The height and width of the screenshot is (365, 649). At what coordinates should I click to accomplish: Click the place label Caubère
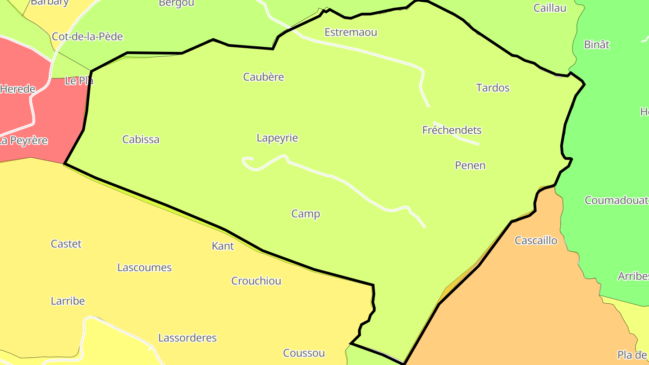(x=264, y=77)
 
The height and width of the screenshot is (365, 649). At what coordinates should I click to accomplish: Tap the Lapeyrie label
(x=277, y=138)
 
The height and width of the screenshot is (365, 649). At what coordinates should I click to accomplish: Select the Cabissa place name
(x=141, y=140)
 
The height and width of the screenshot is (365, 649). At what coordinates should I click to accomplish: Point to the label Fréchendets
(x=452, y=130)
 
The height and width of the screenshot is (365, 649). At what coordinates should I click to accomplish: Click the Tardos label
(x=493, y=88)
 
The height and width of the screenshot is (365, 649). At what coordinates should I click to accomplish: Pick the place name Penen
(x=470, y=165)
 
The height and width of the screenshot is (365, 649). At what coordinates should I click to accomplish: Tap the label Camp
(x=306, y=214)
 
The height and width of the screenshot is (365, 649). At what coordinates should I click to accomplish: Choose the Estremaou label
(x=351, y=32)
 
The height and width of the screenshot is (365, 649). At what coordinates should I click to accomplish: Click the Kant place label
(x=223, y=246)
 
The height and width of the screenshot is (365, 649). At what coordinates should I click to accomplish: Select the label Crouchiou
(x=256, y=281)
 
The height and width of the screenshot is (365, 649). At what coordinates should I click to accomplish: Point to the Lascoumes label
(x=144, y=268)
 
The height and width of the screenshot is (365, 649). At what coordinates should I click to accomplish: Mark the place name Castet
(x=66, y=244)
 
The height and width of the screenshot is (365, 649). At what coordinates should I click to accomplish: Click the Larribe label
(x=68, y=301)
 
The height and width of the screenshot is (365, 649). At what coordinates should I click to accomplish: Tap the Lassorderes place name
(x=187, y=338)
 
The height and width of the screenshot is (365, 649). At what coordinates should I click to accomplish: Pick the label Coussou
(x=304, y=353)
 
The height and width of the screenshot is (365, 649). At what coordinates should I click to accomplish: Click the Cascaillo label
(x=536, y=241)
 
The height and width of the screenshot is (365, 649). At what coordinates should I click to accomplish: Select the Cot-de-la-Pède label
(x=87, y=37)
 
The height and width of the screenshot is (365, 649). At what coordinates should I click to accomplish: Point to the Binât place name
(x=596, y=45)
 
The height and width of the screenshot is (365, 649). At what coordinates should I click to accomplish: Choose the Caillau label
(x=550, y=8)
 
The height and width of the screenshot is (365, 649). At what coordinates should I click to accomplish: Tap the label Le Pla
(x=79, y=81)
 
